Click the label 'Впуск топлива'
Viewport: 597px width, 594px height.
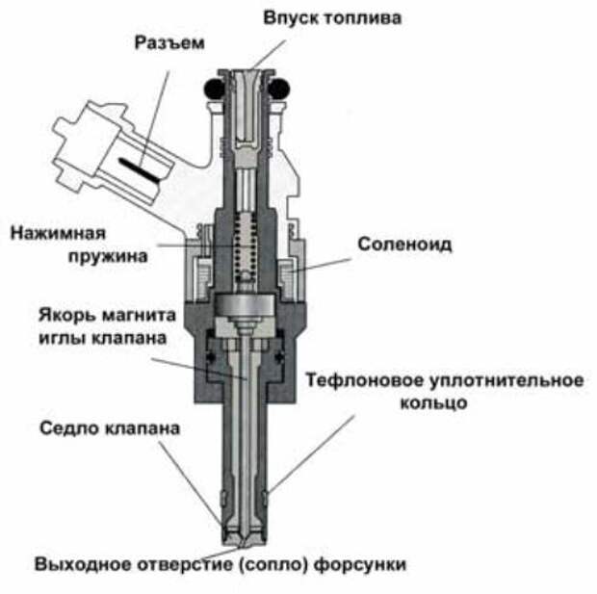coord(333,17)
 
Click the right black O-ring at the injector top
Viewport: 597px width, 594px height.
coord(279,89)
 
